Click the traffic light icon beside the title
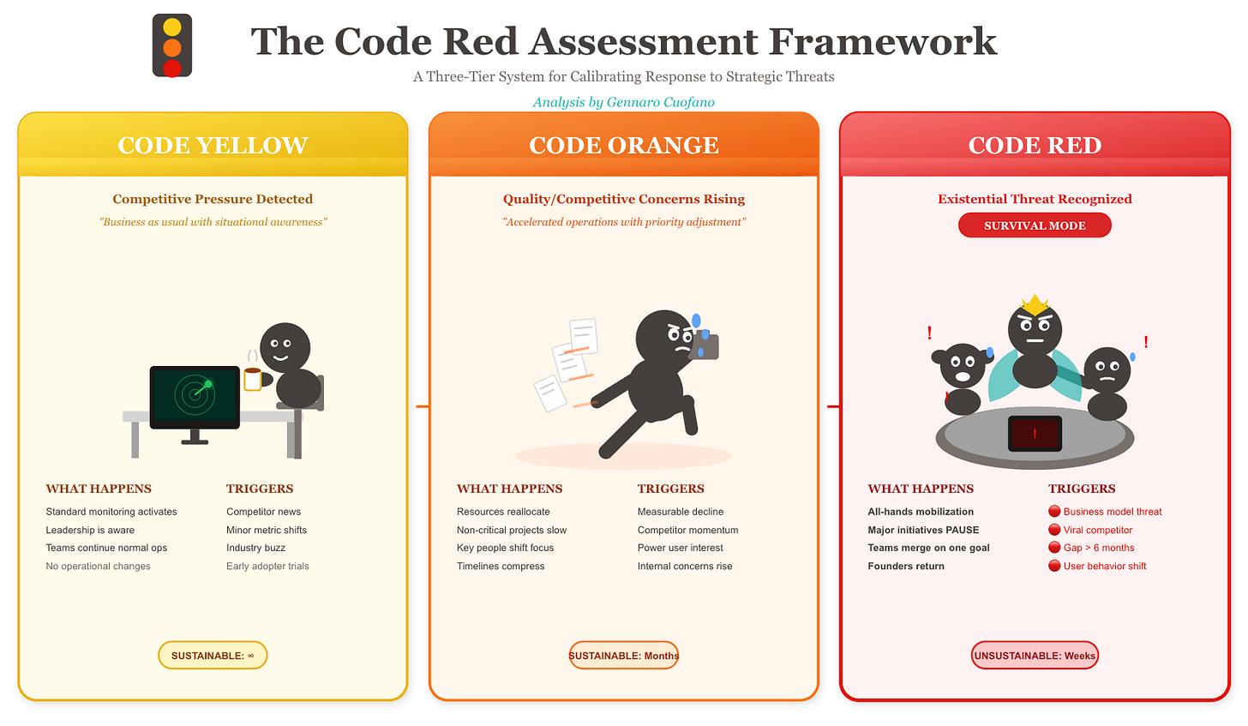pos(172,46)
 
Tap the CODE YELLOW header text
pos(213,145)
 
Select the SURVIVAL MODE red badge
pos(1035,225)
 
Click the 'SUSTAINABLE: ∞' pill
pos(213,656)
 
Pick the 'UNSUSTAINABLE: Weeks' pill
pos(1035,656)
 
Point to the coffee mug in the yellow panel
pos(253,379)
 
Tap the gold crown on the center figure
pos(1035,303)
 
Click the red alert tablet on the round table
pos(1035,433)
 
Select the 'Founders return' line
pos(906,566)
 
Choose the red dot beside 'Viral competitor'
pos(1054,530)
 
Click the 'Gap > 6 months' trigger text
pos(1098,548)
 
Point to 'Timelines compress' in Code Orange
pos(501,566)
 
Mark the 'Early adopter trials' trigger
pos(267,566)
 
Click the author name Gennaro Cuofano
pos(660,102)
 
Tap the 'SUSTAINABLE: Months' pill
pos(624,656)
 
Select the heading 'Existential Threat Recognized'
pos(1035,199)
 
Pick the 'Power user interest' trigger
pos(681,548)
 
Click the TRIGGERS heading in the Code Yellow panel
pos(260,489)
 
